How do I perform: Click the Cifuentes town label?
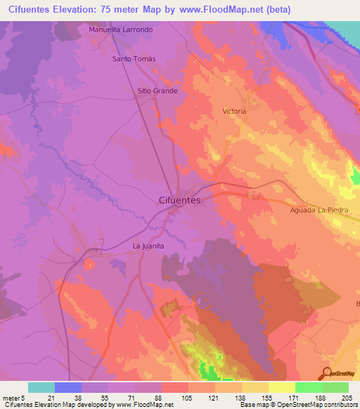click(x=177, y=200)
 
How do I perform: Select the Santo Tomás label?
click(x=134, y=58)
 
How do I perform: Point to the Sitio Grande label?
click(x=157, y=91)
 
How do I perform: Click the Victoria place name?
click(x=234, y=112)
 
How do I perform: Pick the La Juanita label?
click(x=148, y=246)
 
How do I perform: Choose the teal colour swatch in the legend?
click(x=41, y=387)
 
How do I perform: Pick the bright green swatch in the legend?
click(x=308, y=387)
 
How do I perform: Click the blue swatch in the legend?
click(x=68, y=387)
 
